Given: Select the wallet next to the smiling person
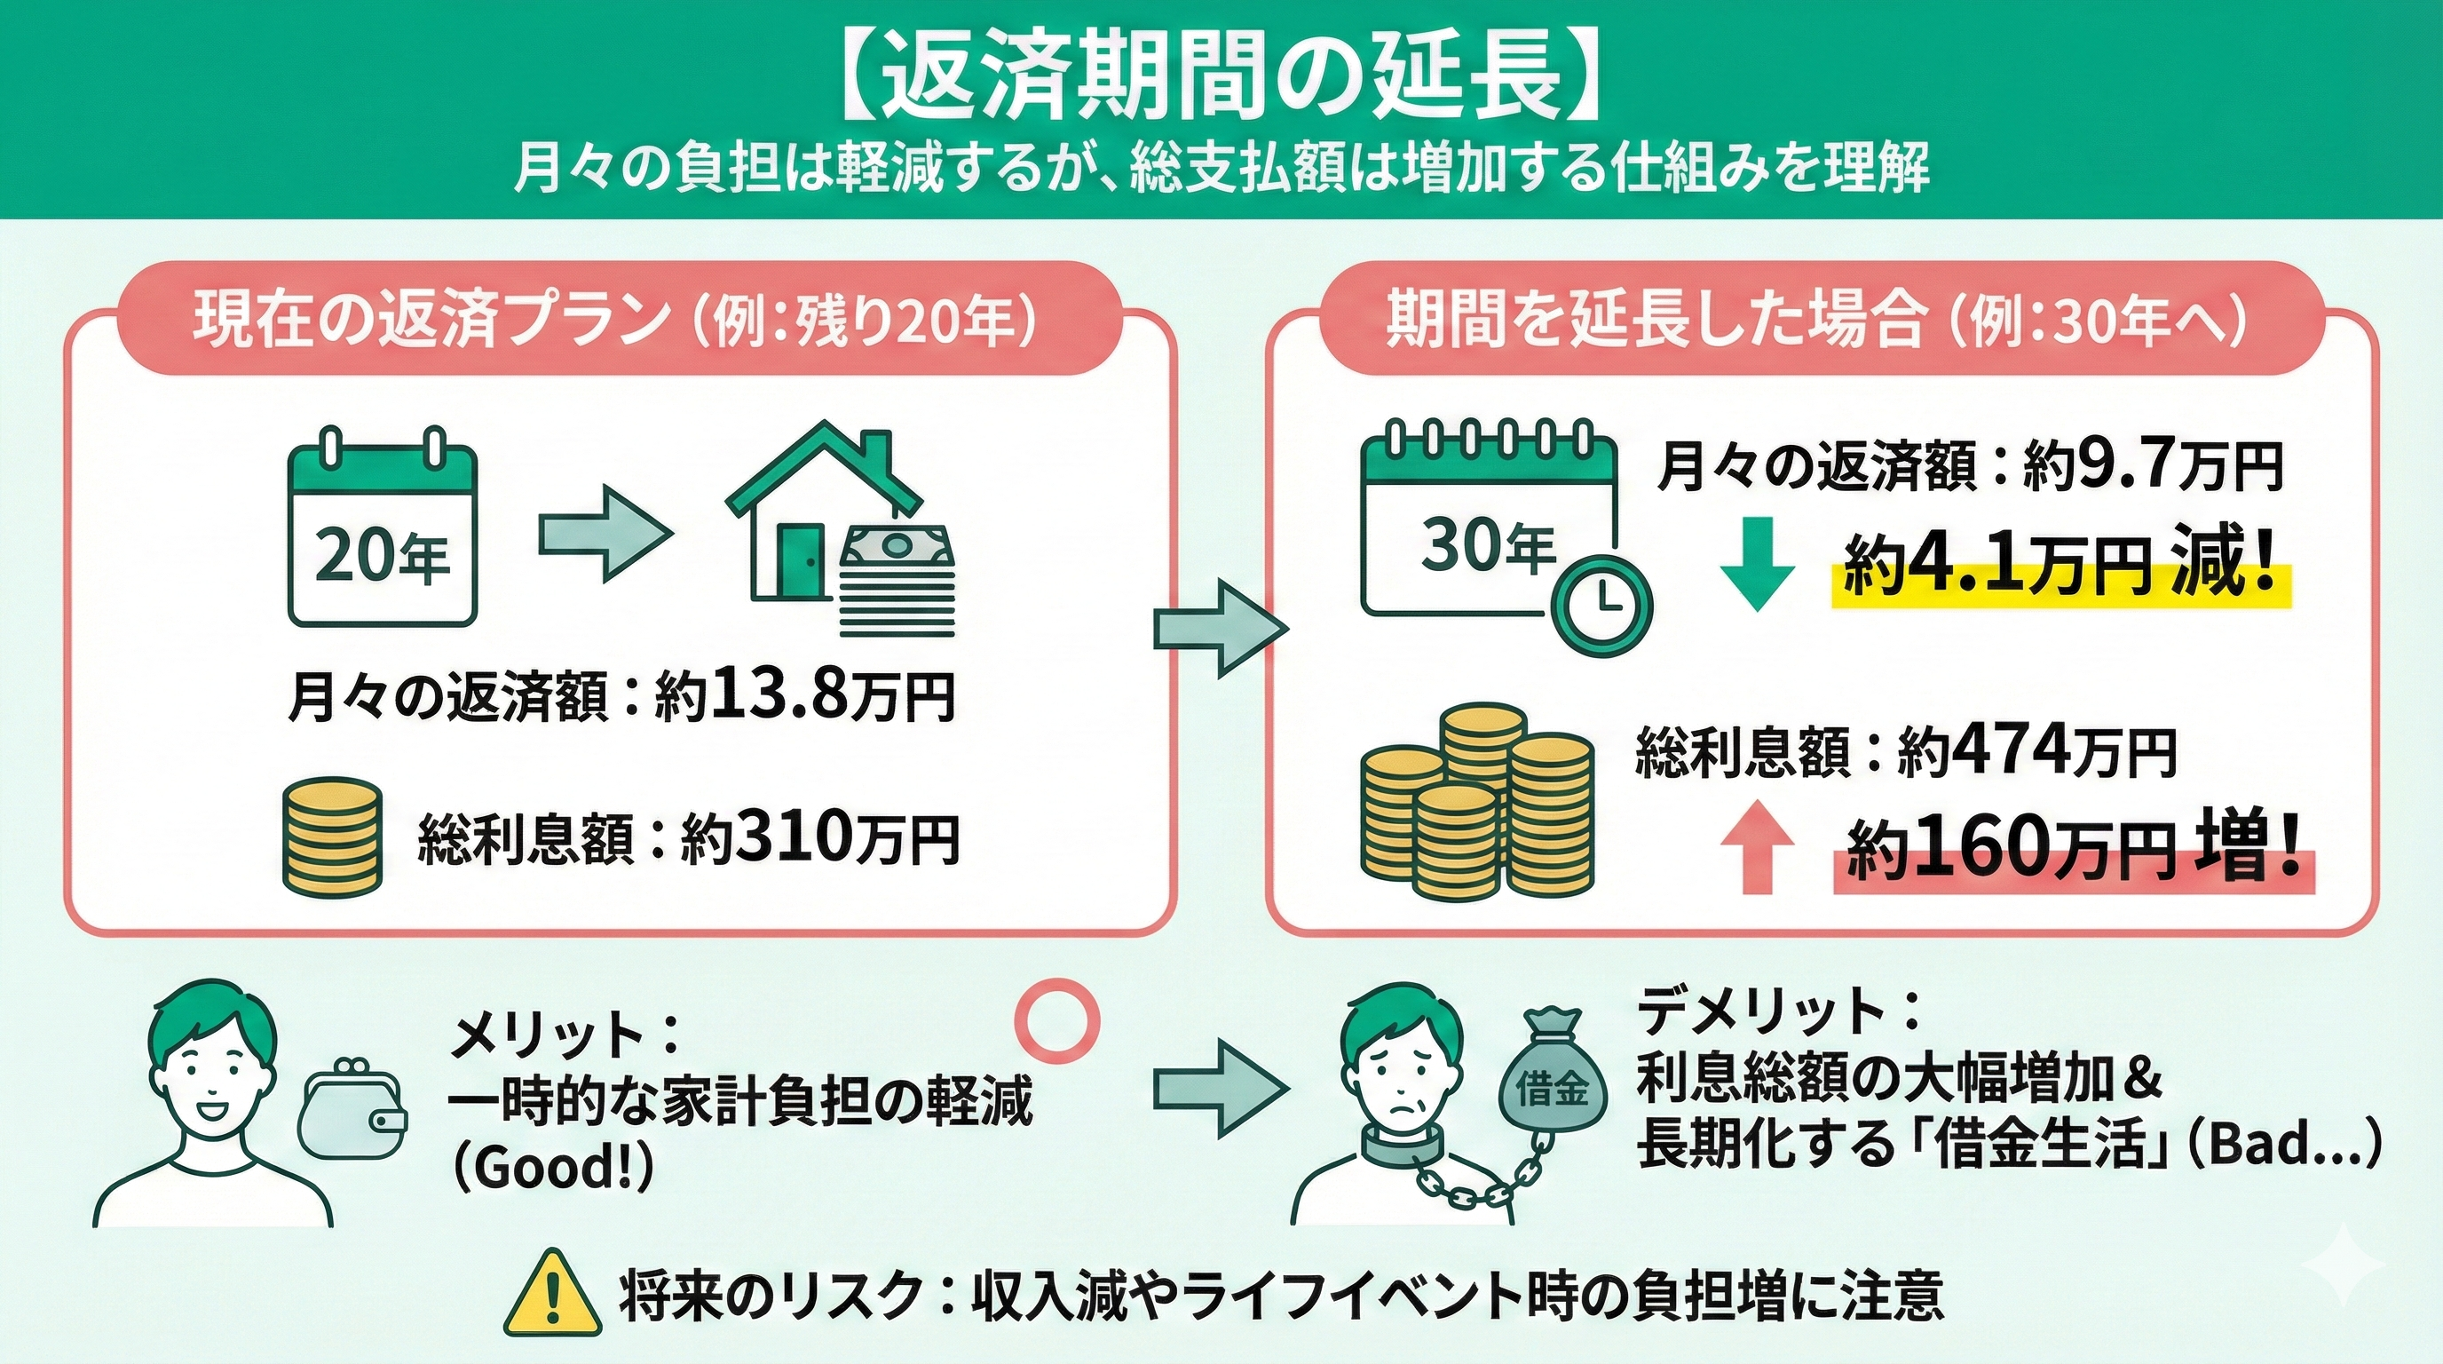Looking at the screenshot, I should click(x=352, y=1112).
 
